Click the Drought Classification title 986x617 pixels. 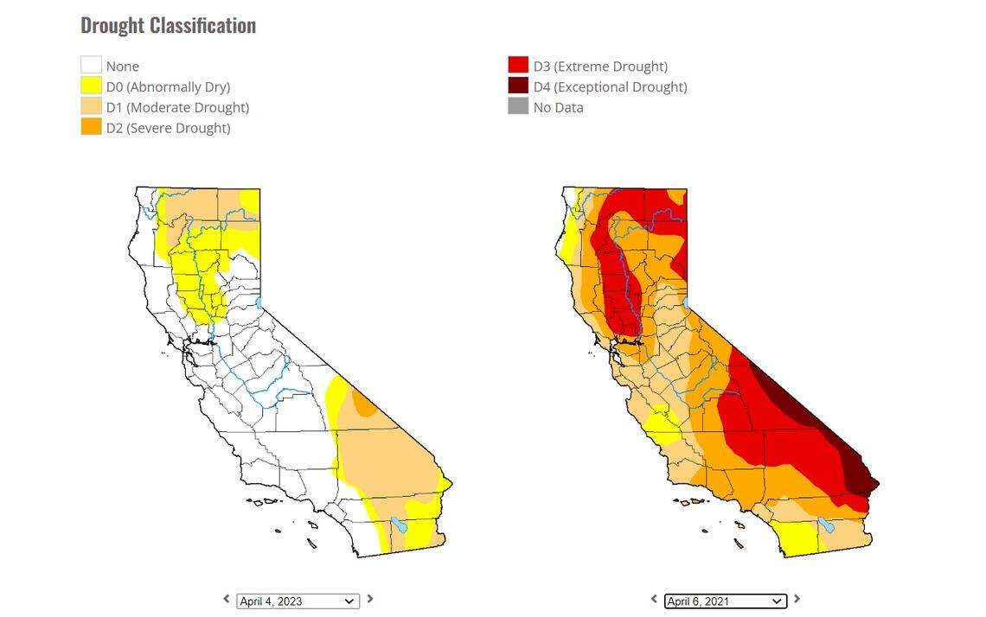tap(168, 26)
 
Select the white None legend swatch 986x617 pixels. tap(91, 66)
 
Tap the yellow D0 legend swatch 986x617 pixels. tap(91, 86)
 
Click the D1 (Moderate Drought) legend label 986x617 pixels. tap(177, 107)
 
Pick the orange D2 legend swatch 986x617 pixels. tap(91, 127)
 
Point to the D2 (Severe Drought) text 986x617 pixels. tap(168, 128)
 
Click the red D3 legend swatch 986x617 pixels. tap(518, 66)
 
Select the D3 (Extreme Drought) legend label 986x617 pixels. tap(599, 67)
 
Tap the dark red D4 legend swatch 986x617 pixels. tap(518, 86)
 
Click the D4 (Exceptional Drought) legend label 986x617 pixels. tap(610, 87)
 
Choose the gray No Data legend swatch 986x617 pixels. tap(518, 107)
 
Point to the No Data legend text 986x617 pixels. tap(558, 108)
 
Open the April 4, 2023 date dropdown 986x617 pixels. tap(298, 601)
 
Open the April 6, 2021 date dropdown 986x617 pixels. tap(725, 601)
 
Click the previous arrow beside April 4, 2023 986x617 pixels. tap(227, 599)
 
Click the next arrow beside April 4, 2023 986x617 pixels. tap(370, 599)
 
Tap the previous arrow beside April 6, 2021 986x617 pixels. tap(654, 599)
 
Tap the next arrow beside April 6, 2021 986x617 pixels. tap(797, 599)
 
